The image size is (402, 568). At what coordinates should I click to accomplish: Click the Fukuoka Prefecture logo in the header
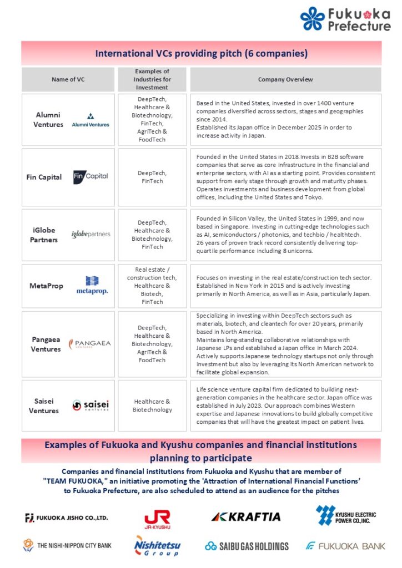tap(345, 19)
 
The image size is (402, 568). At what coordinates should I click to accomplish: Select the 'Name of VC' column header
tap(68, 79)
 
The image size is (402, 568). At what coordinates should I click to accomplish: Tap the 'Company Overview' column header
tap(285, 79)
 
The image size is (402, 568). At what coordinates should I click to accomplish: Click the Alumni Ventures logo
tap(91, 120)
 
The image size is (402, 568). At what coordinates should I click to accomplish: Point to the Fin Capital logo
tap(91, 177)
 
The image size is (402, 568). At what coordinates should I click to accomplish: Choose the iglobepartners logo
tap(91, 235)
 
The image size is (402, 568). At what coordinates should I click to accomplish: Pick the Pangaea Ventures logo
tap(90, 344)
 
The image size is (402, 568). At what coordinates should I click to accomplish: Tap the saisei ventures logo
tap(91, 405)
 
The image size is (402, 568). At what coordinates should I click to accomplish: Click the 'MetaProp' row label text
tap(46, 286)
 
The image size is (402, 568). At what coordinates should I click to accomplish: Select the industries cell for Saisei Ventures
tap(152, 405)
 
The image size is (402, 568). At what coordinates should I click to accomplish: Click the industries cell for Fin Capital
tap(152, 177)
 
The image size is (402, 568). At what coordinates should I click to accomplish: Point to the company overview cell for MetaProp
tap(285, 286)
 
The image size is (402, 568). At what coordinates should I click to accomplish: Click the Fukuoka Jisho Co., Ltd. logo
tap(67, 518)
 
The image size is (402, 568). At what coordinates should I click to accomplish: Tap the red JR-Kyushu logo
tap(157, 518)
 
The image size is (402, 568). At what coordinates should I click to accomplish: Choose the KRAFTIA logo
tap(246, 517)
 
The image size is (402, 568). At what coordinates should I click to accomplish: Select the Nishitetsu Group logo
tap(158, 545)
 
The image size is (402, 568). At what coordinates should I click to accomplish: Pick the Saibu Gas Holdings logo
tap(247, 546)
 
